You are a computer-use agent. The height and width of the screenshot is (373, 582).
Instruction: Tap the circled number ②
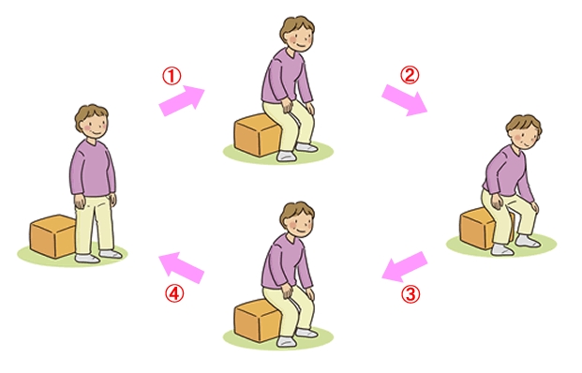pyautogui.click(x=409, y=74)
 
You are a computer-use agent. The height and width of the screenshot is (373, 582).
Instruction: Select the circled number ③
pyautogui.click(x=410, y=293)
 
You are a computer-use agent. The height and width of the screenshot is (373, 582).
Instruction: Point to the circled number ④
pyautogui.click(x=172, y=293)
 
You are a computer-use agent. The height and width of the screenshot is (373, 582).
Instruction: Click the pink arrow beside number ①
pyautogui.click(x=181, y=100)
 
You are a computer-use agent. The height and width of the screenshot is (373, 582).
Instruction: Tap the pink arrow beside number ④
pyautogui.click(x=181, y=267)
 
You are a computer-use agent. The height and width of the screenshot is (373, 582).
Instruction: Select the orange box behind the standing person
pyautogui.click(x=52, y=235)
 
